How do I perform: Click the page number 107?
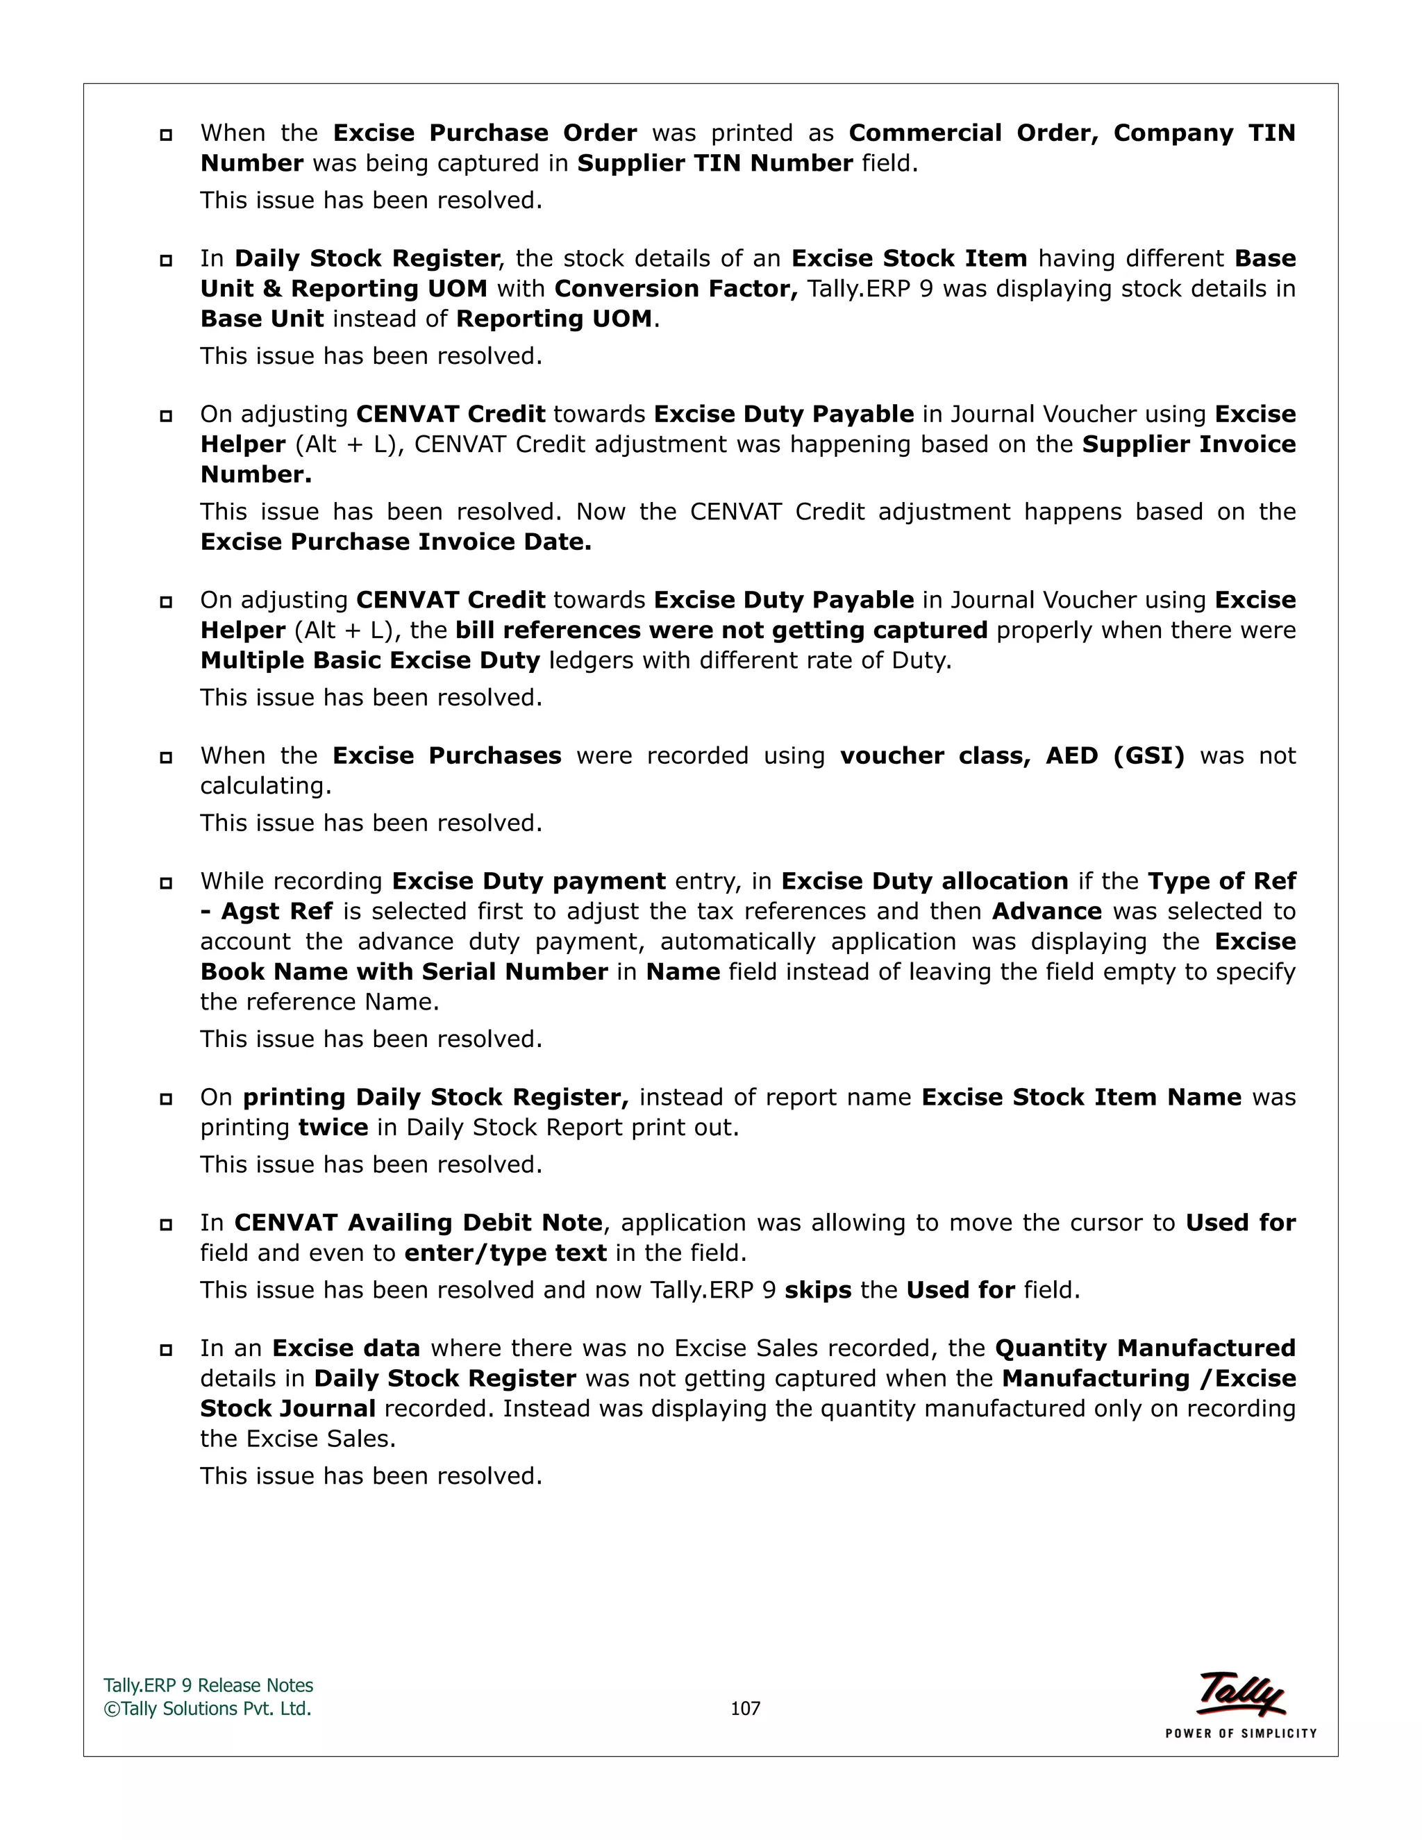745,1709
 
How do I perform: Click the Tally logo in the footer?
1241,1694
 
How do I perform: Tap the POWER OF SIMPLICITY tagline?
1240,1734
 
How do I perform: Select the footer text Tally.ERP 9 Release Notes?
208,1686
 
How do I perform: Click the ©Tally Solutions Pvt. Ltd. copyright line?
207,1709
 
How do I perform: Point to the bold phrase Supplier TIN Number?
714,163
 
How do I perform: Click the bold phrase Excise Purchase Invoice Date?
396,542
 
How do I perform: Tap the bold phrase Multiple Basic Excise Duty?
370,660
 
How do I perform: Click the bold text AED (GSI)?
1114,755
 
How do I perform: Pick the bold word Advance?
1046,912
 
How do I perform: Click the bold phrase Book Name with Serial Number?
404,972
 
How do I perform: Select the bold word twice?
333,1128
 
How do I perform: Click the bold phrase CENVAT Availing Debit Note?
419,1223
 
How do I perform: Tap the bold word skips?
817,1291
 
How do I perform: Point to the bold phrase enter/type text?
505,1253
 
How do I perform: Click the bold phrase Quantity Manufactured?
1145,1349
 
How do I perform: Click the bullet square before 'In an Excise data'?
166,1350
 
